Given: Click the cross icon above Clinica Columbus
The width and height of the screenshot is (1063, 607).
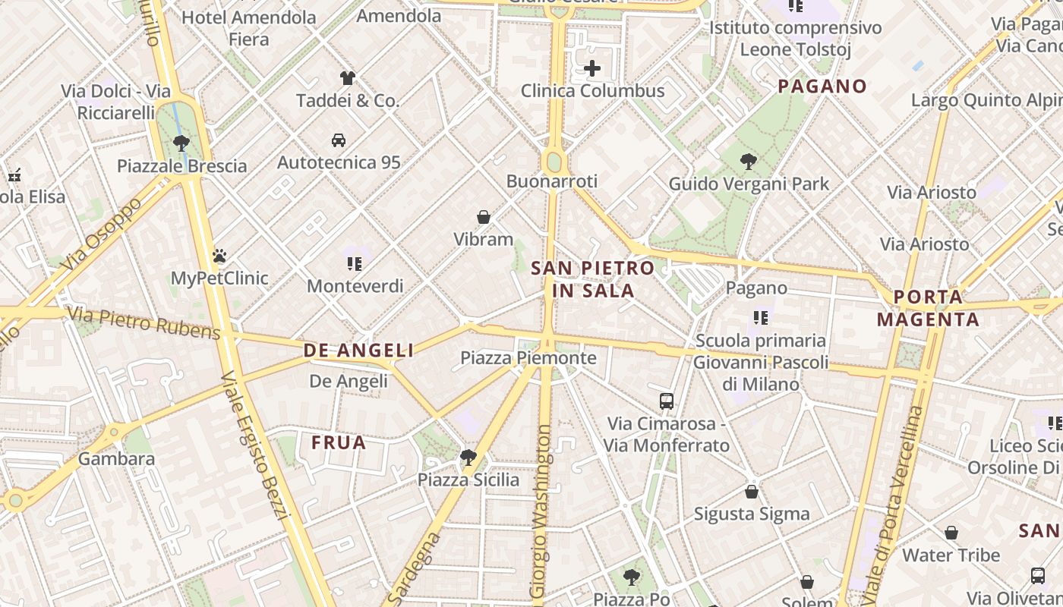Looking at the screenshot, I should point(592,69).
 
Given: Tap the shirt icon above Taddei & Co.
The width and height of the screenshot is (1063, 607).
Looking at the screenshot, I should point(348,77).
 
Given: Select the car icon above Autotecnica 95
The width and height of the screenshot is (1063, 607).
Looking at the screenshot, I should point(339,140).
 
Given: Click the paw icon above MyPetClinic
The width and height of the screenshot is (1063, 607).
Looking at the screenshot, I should point(219,256).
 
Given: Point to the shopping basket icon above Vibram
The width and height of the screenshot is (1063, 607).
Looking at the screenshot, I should point(484,217).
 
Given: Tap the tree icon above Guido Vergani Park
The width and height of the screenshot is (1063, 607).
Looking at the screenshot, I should point(749,161).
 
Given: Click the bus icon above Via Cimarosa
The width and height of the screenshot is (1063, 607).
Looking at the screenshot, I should point(667,401).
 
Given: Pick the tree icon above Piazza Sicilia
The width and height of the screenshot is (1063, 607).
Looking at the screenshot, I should point(468,457).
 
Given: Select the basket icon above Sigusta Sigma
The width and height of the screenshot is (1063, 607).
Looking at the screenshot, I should point(752,492).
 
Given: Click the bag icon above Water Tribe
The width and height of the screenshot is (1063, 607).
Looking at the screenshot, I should point(951,533).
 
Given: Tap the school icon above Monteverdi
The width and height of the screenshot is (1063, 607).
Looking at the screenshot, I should point(355,263).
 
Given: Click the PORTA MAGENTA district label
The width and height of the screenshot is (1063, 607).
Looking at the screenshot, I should point(928,308).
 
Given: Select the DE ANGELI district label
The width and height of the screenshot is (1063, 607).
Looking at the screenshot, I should point(359,350).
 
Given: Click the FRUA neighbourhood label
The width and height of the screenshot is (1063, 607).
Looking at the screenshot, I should point(339,442).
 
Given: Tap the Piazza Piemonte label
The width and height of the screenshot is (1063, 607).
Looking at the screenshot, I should point(528,357).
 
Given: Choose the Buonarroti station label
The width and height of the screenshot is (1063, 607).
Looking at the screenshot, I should point(552,181).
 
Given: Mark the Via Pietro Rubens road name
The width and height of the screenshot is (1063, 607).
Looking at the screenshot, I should point(144,322).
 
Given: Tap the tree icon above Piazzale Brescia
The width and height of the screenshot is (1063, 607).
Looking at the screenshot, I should point(181,143).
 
